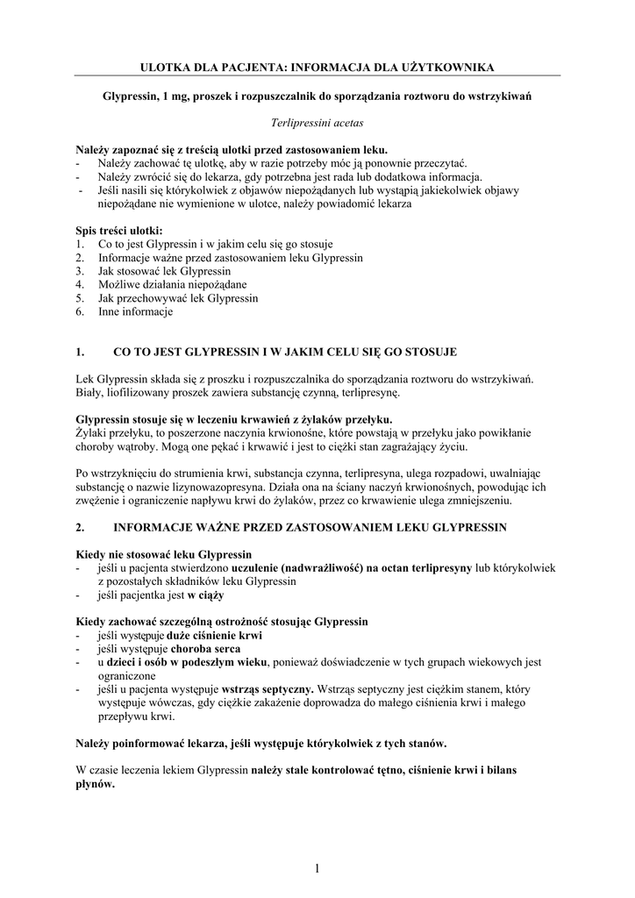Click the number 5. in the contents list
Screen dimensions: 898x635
pyautogui.click(x=80, y=298)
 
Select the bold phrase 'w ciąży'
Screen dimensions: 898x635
pyautogui.click(x=205, y=595)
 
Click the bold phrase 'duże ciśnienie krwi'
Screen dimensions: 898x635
pyautogui.click(x=219, y=635)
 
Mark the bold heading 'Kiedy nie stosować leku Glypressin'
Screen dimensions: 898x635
pyautogui.click(x=164, y=554)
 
